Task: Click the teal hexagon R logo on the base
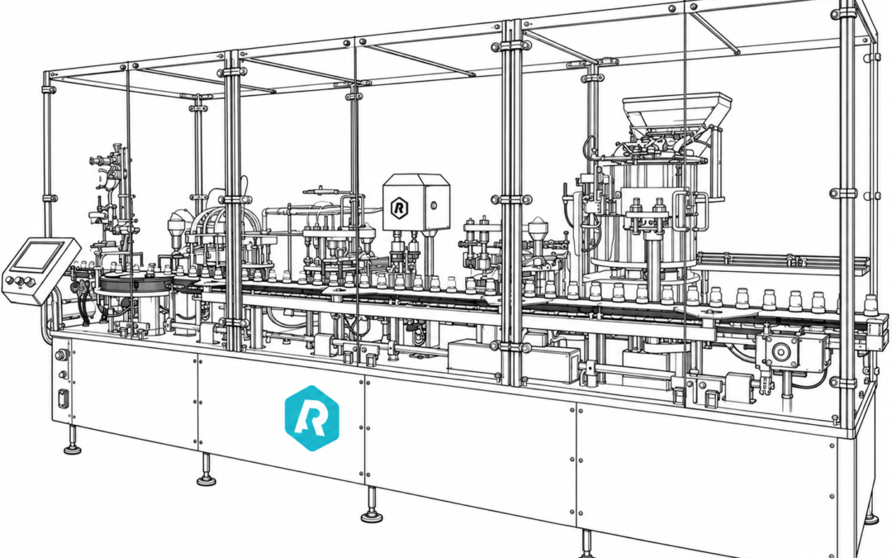coord(311,418)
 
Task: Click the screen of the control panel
coord(37,255)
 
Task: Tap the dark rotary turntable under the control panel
coord(135,282)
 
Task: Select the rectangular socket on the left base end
coord(63,398)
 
